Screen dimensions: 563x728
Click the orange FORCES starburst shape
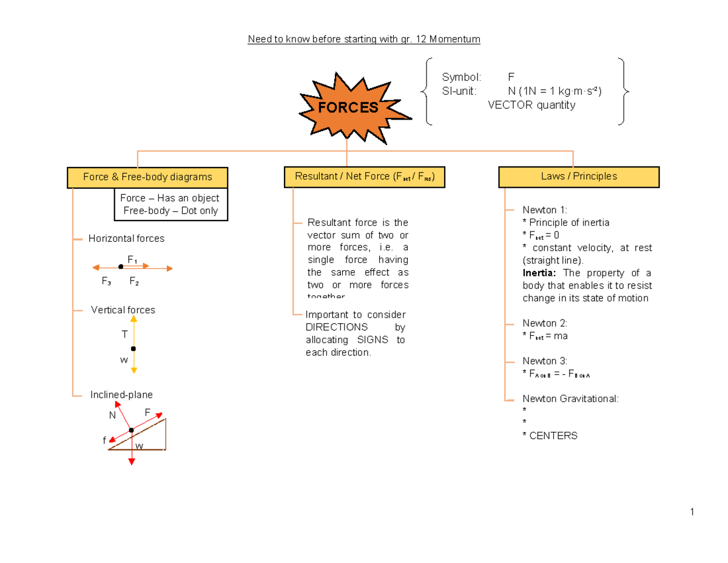point(346,107)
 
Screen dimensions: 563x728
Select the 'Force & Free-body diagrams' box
point(147,177)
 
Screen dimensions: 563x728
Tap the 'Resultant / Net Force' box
point(364,177)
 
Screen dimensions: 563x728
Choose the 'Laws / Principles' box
point(579,177)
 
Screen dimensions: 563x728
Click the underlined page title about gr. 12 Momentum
point(364,39)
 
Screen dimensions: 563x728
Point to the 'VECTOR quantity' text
point(531,105)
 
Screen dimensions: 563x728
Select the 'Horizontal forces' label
point(126,239)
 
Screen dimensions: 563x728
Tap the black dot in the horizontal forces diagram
point(121,267)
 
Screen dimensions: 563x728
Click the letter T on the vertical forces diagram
point(124,335)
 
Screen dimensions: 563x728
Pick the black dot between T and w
point(133,349)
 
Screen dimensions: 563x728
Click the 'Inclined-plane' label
point(122,395)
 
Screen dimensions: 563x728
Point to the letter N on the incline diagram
point(112,415)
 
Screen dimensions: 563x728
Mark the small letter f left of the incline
point(104,440)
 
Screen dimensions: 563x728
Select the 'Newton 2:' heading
point(544,323)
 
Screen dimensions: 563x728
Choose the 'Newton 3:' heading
point(544,361)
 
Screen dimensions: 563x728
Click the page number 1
point(691,512)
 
